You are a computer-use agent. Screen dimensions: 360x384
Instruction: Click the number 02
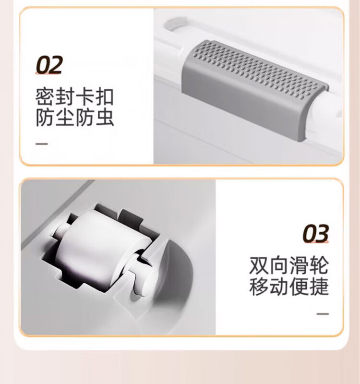[49, 65]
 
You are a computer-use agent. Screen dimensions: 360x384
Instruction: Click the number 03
[315, 233]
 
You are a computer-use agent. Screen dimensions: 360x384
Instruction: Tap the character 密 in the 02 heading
[45, 97]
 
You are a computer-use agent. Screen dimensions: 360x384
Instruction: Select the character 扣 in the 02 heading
[104, 97]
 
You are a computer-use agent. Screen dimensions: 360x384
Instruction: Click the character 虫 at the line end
[105, 118]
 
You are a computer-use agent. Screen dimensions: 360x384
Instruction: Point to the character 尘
[65, 118]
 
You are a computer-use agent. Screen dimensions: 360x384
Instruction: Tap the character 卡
[84, 97]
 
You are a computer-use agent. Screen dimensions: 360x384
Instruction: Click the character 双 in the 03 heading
[258, 265]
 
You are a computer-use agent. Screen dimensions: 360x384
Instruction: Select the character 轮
[319, 265]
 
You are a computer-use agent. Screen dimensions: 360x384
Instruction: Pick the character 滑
[299, 265]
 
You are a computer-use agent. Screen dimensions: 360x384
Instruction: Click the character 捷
[319, 286]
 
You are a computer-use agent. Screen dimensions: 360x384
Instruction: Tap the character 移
[258, 286]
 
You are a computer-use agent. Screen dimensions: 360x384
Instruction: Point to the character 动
[279, 286]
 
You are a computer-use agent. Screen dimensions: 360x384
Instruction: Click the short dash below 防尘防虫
[42, 144]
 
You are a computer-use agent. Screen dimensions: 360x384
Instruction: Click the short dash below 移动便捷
[323, 314]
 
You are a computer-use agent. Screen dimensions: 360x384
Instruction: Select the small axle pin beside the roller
[144, 279]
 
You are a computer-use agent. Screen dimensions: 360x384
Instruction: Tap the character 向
[279, 265]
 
